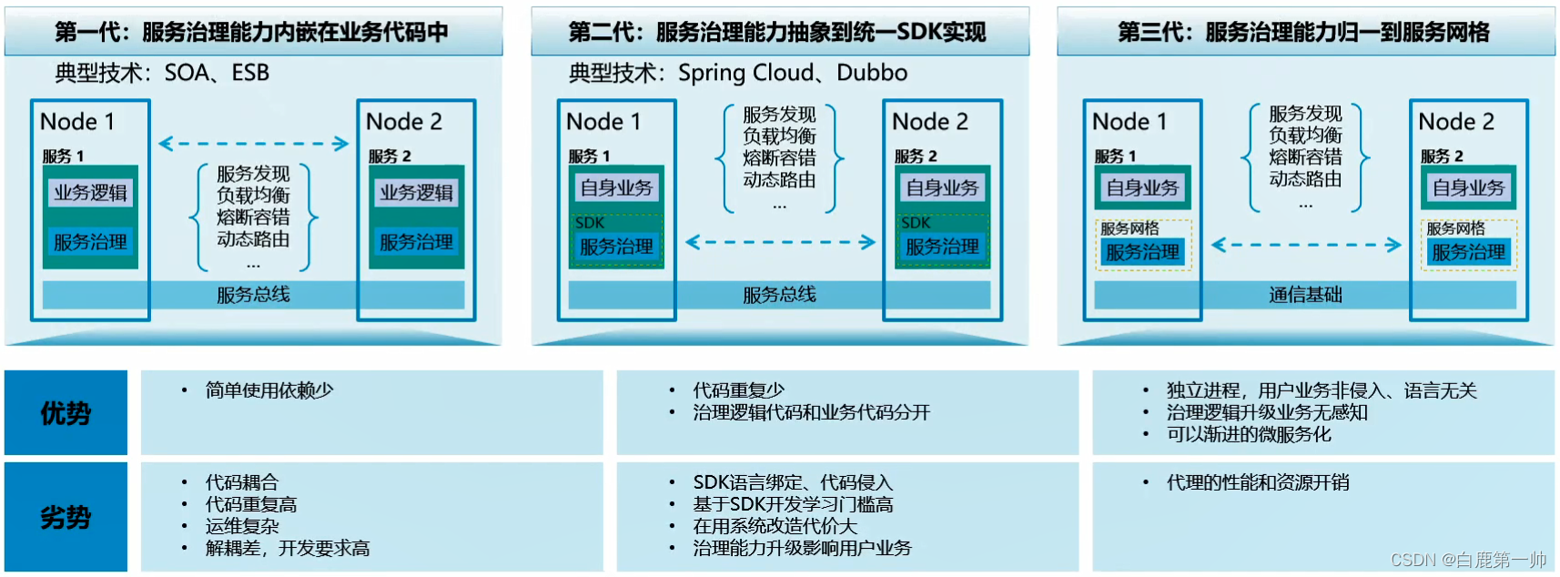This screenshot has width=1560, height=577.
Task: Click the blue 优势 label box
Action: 66,413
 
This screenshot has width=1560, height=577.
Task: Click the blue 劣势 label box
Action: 66,517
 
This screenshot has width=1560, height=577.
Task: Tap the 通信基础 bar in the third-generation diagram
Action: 1305,295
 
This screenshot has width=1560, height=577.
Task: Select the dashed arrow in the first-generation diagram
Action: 253,144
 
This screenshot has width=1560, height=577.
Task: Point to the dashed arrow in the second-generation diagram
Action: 780,242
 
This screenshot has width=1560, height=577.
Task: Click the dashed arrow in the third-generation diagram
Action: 1306,245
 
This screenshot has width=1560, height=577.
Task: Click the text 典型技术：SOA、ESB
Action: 162,73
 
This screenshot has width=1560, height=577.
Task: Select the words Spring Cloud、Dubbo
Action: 792,73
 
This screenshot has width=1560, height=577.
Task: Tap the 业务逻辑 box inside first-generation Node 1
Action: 90,193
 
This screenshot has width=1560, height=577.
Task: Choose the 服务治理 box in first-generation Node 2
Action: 416,242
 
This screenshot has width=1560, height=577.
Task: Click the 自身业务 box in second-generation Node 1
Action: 616,188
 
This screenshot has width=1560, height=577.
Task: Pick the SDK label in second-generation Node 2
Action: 916,223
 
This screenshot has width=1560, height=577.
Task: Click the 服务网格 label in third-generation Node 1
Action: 1129,228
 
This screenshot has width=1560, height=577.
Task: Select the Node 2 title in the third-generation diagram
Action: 1455,122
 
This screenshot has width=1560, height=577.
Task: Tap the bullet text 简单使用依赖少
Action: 269,390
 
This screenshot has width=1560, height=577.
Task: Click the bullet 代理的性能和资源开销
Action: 1258,482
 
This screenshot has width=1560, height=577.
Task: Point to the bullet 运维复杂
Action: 242,526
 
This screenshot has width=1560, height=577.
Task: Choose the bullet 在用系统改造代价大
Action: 775,526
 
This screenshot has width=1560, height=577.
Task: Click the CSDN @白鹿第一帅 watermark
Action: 1468,560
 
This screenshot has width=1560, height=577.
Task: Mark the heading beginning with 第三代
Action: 1303,33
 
